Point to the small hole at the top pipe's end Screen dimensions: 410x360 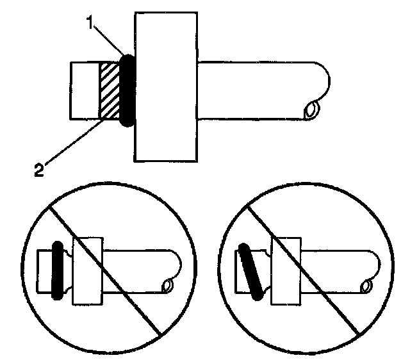(x=313, y=110)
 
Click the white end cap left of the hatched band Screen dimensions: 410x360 (x=84, y=90)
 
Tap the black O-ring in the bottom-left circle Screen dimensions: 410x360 (x=57, y=270)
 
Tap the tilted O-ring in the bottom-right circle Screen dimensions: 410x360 (x=251, y=272)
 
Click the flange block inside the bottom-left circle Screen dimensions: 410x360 (x=88, y=270)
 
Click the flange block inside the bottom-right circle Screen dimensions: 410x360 (x=286, y=270)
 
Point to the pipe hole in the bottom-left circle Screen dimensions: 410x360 (x=168, y=286)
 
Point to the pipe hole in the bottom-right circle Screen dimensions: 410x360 (x=367, y=286)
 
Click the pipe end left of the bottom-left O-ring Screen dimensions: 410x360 (x=44, y=270)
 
